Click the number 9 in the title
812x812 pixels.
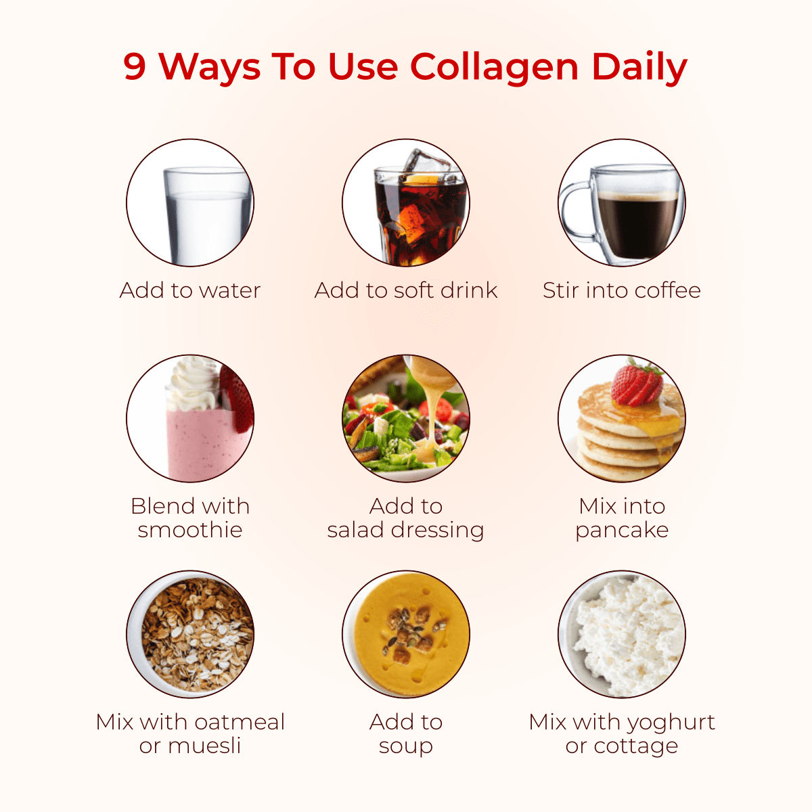point(135,66)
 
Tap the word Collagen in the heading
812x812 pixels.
point(493,68)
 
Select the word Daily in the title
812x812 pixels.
point(639,68)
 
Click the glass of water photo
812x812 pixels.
point(207,215)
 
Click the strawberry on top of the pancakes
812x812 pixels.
point(637,382)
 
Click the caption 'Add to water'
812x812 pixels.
point(190,290)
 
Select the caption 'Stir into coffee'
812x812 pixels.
point(622,290)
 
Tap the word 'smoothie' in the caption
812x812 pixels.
point(190,530)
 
